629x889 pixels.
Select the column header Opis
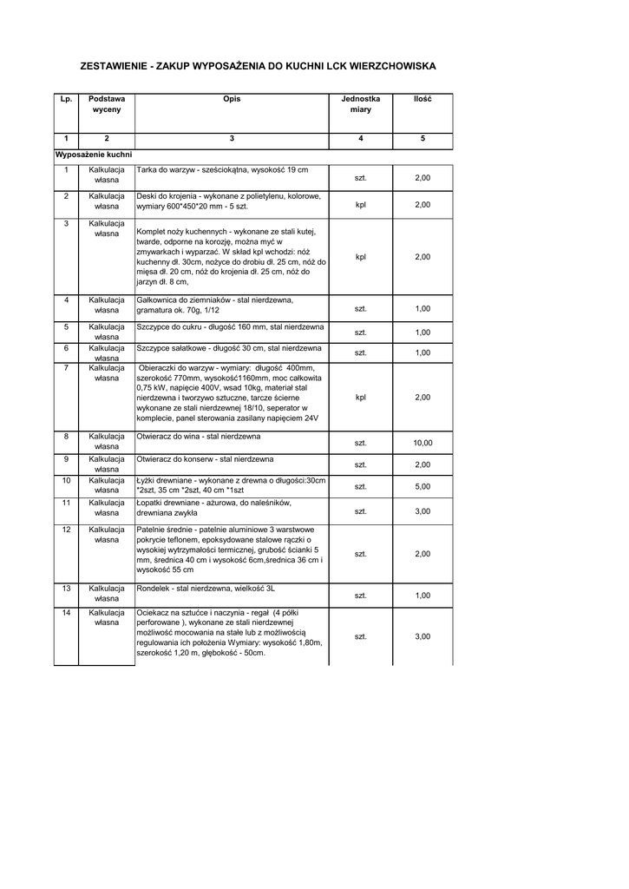(232, 100)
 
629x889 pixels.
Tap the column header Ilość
(423, 100)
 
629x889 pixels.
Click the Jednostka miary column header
(360, 105)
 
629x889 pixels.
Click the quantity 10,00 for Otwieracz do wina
(423, 443)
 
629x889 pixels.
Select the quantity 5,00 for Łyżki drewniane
(423, 486)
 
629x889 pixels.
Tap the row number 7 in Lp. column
(66, 368)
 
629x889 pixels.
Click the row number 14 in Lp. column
(66, 613)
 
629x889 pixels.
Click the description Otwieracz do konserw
(206, 458)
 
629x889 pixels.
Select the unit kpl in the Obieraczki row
(361, 398)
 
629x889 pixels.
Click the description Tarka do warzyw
(222, 169)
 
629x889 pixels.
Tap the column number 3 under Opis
(232, 139)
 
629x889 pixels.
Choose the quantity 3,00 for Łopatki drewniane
(423, 511)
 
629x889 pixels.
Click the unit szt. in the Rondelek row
(361, 596)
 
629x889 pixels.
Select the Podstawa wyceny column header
(107, 105)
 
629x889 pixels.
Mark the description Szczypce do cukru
(231, 327)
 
